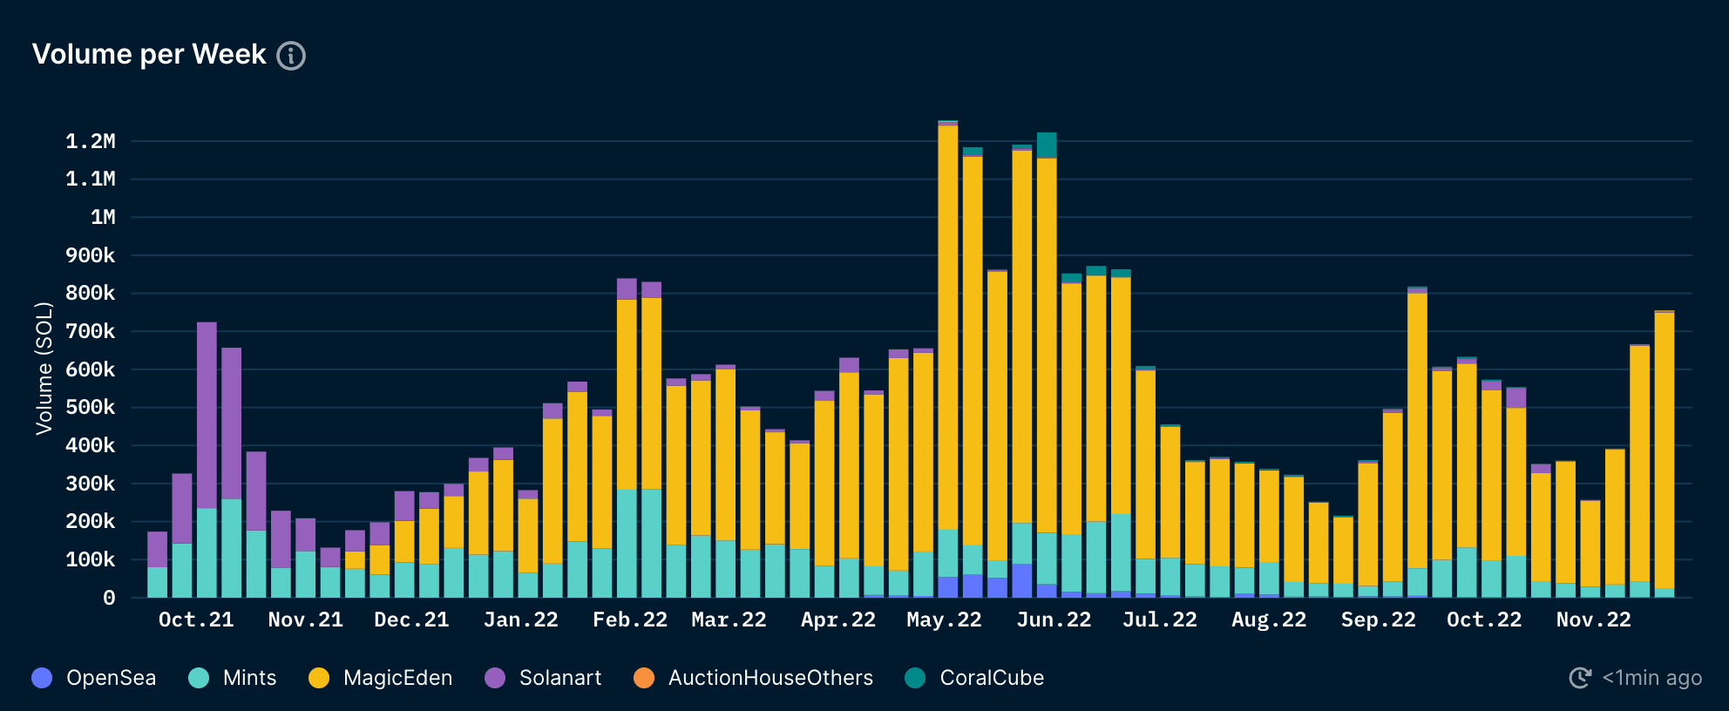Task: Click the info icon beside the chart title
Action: tap(291, 56)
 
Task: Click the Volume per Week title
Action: tap(149, 54)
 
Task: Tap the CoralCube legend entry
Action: tap(974, 678)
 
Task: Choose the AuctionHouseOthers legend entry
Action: tap(754, 678)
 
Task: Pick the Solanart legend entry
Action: tap(543, 678)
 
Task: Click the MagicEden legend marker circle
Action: tap(319, 678)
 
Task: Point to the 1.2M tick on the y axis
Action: tap(91, 141)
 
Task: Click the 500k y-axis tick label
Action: tap(91, 408)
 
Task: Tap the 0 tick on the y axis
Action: tap(109, 598)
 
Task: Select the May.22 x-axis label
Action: tap(944, 620)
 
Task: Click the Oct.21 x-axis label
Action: tap(196, 620)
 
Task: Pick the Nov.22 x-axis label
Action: tap(1593, 620)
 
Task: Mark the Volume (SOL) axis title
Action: tap(44, 368)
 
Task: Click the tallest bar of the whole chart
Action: tap(948, 349)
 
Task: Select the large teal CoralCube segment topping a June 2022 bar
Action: tap(1047, 146)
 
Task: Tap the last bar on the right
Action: tap(1664, 453)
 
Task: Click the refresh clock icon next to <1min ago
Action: tap(1580, 678)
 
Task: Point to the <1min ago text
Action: tap(1651, 678)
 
